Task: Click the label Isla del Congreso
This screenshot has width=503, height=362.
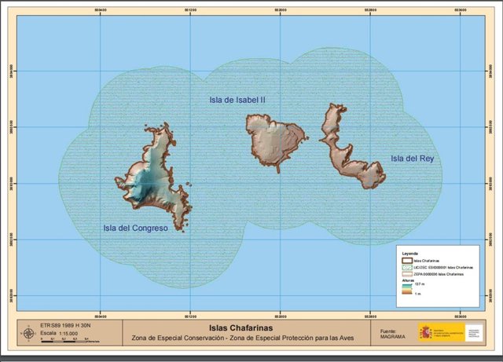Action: coord(136,229)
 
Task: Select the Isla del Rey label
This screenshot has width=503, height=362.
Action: coord(412,159)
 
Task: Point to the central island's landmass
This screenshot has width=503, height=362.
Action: coord(275,140)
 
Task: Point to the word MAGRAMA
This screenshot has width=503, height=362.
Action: coord(392,338)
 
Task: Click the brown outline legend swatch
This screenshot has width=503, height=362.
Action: coord(406,261)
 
